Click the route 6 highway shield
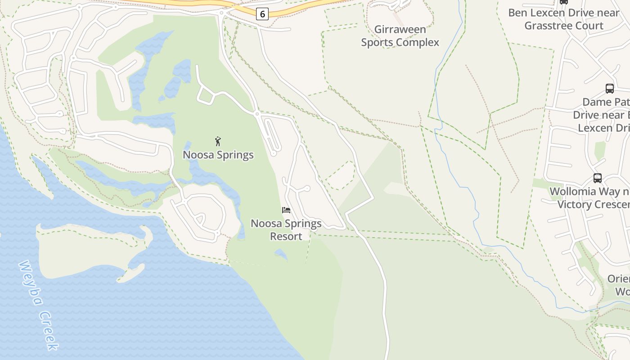(262, 14)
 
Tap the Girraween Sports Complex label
(400, 36)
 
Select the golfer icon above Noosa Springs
(218, 141)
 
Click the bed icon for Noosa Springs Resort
(286, 210)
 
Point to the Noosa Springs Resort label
(286, 229)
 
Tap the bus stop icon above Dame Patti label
(610, 89)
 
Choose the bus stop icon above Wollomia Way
(597, 178)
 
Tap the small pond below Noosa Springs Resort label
(281, 255)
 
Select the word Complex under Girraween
(418, 43)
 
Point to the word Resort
(286, 236)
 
